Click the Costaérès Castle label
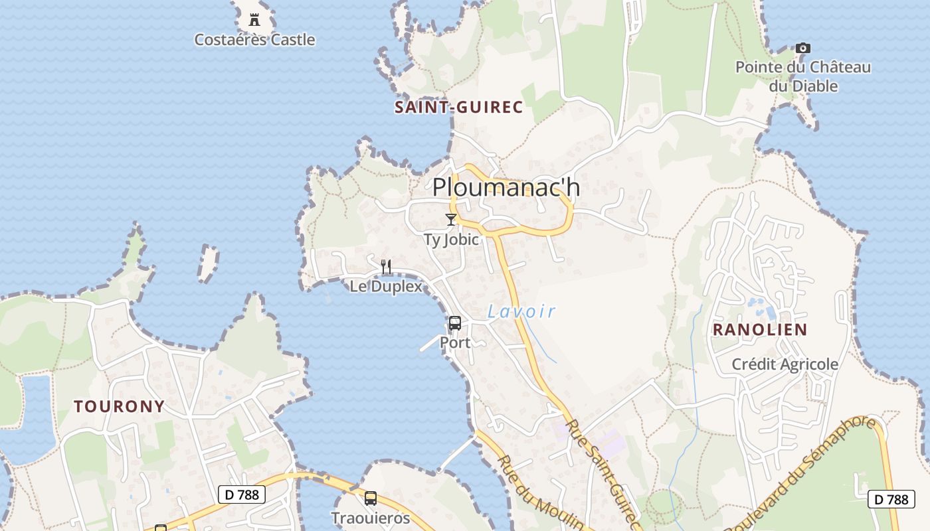point(254,40)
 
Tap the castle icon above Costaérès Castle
point(254,20)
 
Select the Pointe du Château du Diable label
point(803,76)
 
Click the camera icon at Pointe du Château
point(803,48)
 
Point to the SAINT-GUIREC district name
point(459,108)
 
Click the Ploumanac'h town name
point(506,188)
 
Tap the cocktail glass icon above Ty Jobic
point(451,220)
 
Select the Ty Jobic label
point(451,240)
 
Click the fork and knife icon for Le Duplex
point(386,267)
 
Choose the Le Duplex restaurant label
point(386,287)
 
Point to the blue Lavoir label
point(521,311)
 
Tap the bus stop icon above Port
point(455,323)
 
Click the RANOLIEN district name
point(760,330)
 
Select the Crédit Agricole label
point(785,364)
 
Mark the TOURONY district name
point(120,407)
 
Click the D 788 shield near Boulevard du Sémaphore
point(891,499)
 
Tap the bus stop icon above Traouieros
point(371,498)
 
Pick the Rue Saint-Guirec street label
point(604,475)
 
